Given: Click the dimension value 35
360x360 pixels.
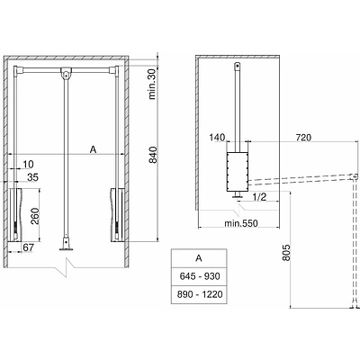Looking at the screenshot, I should tap(31, 178).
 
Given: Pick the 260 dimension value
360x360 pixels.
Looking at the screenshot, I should tap(33, 215).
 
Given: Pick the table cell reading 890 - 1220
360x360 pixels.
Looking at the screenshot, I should tap(198, 293).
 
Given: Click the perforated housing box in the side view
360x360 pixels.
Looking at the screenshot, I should tap(237, 170).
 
